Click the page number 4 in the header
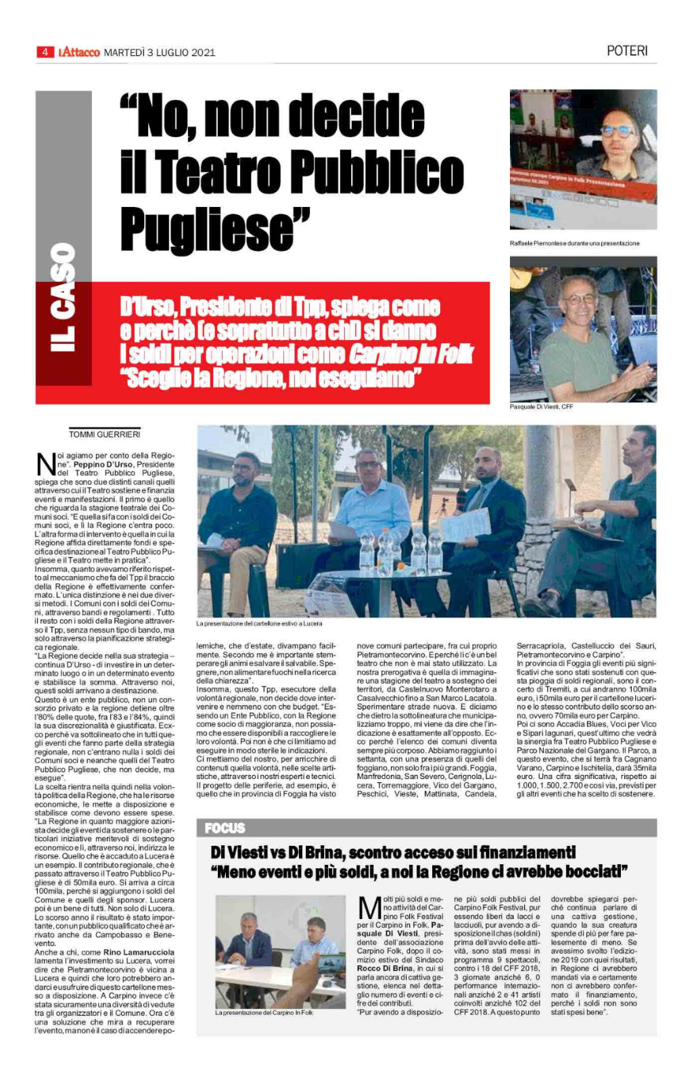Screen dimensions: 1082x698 (x=45, y=52)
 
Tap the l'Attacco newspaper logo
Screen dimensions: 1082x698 (x=79, y=52)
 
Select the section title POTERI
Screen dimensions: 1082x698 (x=627, y=51)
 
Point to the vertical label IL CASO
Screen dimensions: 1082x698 (x=63, y=298)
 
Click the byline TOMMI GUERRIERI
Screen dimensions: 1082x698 (x=104, y=434)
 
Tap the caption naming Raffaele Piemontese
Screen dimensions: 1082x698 (x=574, y=243)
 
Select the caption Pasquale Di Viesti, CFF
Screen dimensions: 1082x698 (x=541, y=406)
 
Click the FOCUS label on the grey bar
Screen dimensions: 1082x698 (x=225, y=828)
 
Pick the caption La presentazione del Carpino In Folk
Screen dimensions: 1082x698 (x=264, y=1012)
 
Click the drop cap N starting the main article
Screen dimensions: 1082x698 (x=45, y=465)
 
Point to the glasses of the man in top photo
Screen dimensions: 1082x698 (x=617, y=131)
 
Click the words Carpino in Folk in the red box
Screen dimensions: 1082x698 (x=411, y=354)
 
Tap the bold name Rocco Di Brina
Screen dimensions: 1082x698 (x=383, y=968)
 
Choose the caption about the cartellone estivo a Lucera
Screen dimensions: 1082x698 (x=259, y=624)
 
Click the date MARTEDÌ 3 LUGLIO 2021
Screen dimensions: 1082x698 (x=160, y=52)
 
